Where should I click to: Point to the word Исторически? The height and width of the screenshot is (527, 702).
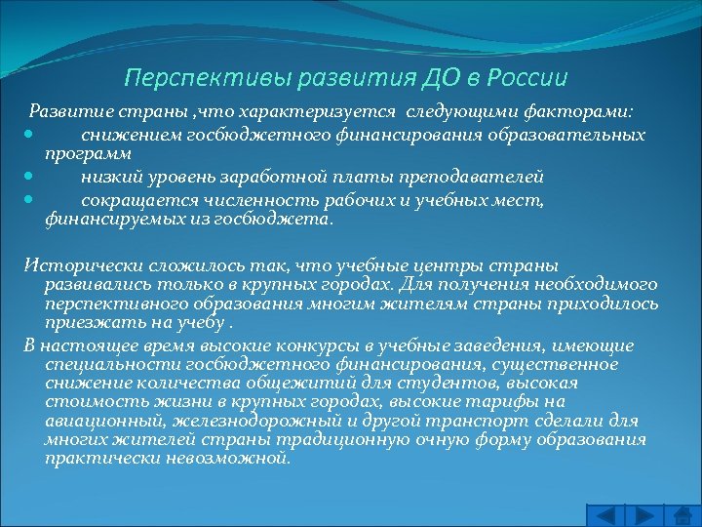coord(73,265)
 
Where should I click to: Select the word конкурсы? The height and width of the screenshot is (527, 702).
coord(278,345)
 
